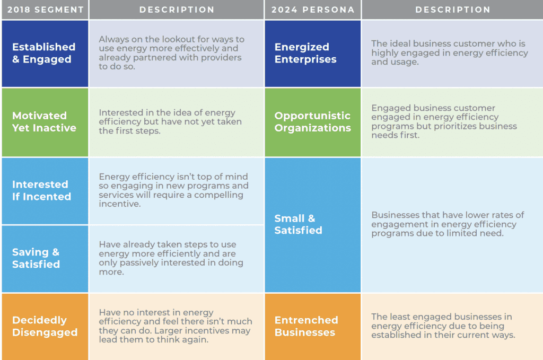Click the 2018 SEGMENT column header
[x=46, y=10]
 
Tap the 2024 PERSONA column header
[x=313, y=10]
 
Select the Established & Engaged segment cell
[x=45, y=54]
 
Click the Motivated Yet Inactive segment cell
[x=45, y=122]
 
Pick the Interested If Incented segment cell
[x=45, y=191]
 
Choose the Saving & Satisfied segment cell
[x=45, y=259]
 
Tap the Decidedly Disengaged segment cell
[x=45, y=327]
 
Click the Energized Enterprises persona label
[x=305, y=53]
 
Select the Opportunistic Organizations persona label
[x=313, y=122]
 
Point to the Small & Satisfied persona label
[x=298, y=224]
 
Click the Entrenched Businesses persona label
[x=306, y=326]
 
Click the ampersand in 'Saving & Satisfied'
[x=56, y=252]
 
